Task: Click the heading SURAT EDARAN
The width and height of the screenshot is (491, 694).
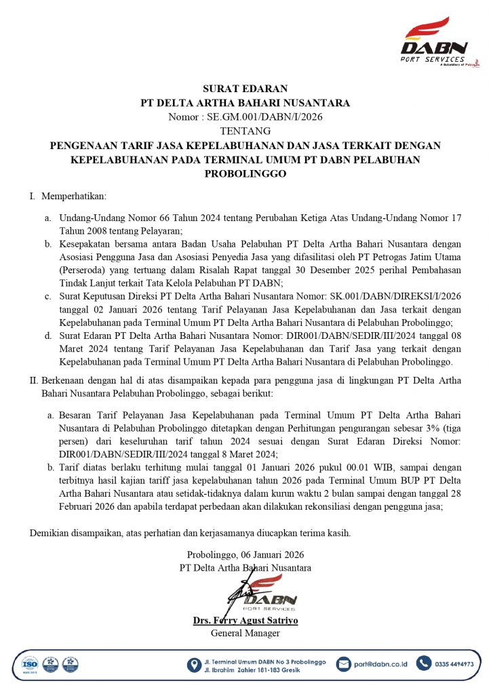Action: pos(245,89)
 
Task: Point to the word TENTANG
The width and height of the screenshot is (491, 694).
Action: pos(245,131)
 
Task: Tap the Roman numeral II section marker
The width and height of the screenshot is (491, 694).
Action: pos(34,381)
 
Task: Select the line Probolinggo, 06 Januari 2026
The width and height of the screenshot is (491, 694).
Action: pos(245,554)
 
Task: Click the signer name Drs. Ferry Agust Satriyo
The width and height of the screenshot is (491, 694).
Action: pos(245,620)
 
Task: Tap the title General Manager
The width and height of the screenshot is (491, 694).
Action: pos(245,633)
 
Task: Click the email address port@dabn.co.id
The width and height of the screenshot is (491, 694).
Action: pos(381,664)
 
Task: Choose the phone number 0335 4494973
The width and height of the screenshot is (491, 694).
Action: pos(454,664)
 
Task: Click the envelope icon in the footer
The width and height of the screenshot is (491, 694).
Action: pos(344,664)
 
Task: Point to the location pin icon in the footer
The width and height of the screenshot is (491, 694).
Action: pos(194,665)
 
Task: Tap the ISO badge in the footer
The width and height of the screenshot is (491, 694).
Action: pos(29,664)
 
